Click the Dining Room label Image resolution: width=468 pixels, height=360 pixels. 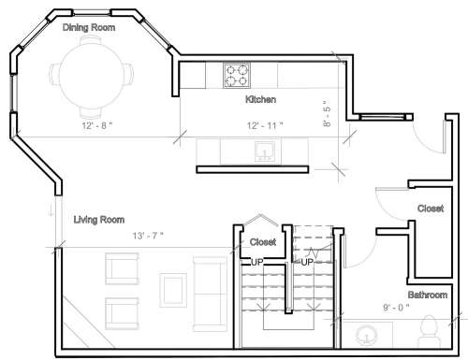89,28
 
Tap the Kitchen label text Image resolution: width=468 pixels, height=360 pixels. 260,99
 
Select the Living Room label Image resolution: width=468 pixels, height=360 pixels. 99,220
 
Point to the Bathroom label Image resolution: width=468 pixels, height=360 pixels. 428,295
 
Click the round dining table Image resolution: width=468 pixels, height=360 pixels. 91,77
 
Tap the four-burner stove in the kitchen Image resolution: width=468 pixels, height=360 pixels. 237,76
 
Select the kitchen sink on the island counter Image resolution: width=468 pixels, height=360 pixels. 265,151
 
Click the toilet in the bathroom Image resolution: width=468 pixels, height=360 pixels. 430,330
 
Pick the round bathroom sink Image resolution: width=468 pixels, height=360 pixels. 366,336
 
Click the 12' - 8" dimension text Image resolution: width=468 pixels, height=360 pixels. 97,125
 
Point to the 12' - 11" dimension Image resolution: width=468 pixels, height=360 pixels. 265,125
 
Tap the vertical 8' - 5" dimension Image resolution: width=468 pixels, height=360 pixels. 327,113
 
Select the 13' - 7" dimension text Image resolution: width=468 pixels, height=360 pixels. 148,236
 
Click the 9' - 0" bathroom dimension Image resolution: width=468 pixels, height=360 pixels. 396,308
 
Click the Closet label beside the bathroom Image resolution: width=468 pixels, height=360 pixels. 431,209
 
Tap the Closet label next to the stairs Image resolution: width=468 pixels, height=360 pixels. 263,242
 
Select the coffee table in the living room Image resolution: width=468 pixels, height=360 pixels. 173,290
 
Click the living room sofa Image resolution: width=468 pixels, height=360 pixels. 210,294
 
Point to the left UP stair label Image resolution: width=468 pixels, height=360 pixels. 257,263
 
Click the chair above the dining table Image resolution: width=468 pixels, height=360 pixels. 91,41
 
